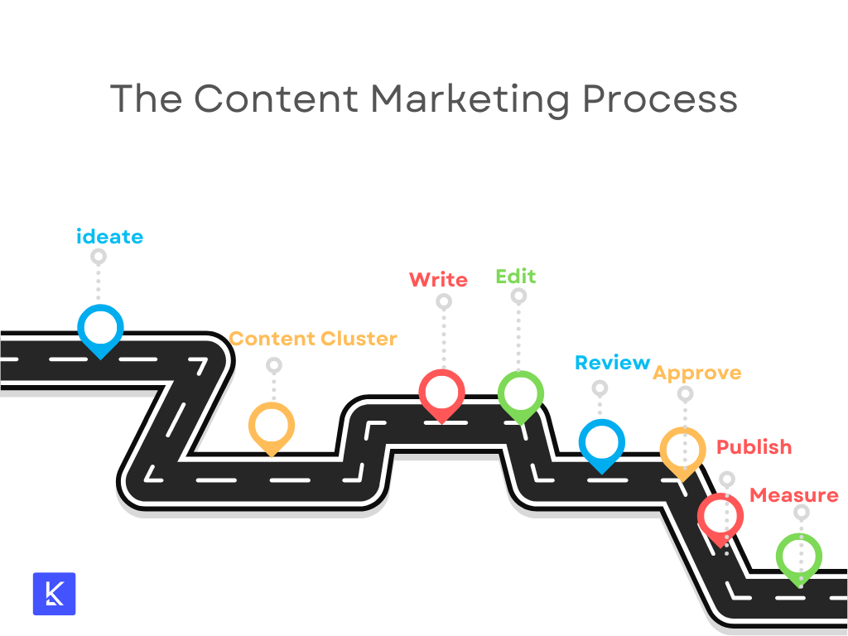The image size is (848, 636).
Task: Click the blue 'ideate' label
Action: tap(110, 236)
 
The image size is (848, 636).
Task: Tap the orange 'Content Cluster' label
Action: tap(313, 339)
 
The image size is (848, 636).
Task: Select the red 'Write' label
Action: tap(439, 280)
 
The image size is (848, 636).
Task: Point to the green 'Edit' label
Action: tap(516, 277)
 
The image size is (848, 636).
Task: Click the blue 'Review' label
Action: tap(613, 363)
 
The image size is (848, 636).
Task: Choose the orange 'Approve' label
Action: tap(697, 373)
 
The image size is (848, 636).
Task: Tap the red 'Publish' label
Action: tap(754, 447)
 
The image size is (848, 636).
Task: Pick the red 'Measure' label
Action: tap(794, 495)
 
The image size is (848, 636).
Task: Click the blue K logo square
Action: tap(54, 594)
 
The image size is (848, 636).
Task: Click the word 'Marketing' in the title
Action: tap(470, 100)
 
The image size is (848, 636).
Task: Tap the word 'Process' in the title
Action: tap(660, 99)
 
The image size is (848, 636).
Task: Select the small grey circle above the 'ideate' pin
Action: tap(99, 257)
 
